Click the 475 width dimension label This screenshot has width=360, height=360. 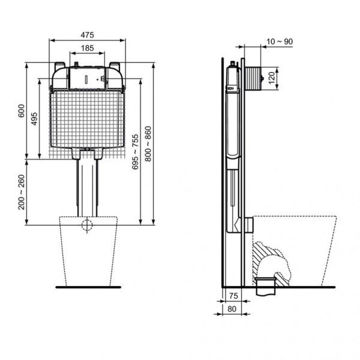(88, 35)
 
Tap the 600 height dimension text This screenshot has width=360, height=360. (22, 112)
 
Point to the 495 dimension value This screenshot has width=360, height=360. (35, 119)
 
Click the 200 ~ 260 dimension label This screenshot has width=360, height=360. (22, 192)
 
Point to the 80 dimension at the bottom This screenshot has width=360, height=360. (232, 310)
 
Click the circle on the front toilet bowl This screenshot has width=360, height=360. (88, 226)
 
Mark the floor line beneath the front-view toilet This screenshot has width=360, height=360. (88, 287)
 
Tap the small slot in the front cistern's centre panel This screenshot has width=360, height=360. (88, 79)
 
